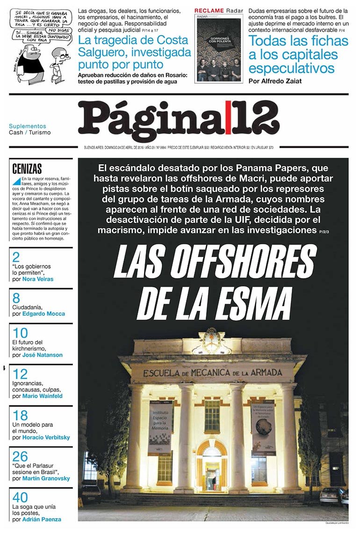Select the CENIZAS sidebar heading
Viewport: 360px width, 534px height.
click(x=27, y=169)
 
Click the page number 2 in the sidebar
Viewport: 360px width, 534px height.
click(x=16, y=257)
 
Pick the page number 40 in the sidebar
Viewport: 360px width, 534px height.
click(x=20, y=498)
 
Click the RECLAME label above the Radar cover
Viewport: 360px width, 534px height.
click(x=209, y=10)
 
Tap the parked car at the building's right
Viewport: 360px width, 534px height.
click(x=332, y=495)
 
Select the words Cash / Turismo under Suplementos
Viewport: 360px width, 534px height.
click(x=30, y=132)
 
